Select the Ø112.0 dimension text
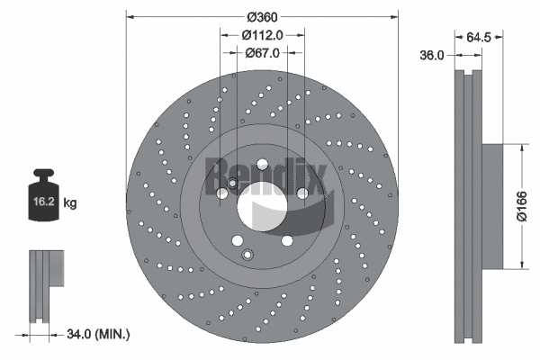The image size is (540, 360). coord(262,34)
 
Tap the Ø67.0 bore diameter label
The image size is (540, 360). coord(262,52)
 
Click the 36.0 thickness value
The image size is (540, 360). coord(434,55)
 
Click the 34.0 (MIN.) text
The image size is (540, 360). coord(100,335)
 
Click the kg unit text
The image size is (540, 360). coord(71,204)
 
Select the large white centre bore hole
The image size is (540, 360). coord(262,205)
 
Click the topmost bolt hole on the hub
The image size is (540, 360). coord(262,164)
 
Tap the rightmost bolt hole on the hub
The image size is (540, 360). coord(302,193)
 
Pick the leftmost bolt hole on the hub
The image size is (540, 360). coord(221,193)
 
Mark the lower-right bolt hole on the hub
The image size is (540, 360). coord(287,240)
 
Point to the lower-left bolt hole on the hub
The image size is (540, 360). coord(237,240)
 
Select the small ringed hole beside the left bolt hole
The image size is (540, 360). coord(232,184)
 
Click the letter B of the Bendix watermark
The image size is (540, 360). coord(216,169)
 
